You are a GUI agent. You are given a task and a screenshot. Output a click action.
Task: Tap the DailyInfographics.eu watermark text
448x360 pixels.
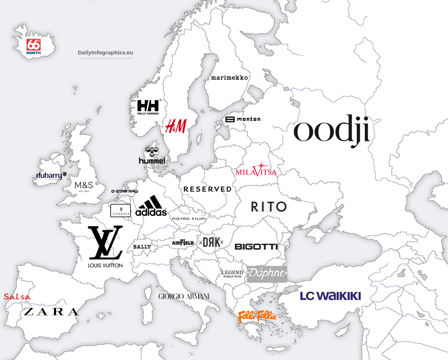pyautogui.click(x=105, y=53)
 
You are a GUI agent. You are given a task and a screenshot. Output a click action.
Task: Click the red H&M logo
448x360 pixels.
pyautogui.click(x=176, y=126)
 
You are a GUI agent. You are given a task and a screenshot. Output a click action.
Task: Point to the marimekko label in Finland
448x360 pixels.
pyautogui.click(x=230, y=78)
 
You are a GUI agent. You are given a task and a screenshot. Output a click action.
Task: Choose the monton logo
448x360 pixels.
pyautogui.click(x=243, y=119)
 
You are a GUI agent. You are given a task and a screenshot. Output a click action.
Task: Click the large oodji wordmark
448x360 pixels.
pyautogui.click(x=332, y=129)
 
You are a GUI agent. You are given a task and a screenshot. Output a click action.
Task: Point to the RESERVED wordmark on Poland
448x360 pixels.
pyautogui.click(x=208, y=189)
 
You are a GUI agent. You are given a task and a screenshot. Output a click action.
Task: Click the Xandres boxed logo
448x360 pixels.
pyautogui.click(x=120, y=210)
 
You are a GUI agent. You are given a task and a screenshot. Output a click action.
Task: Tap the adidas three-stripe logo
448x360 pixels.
pyautogui.click(x=151, y=206)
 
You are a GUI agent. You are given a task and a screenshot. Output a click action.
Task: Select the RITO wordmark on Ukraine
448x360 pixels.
pyautogui.click(x=269, y=206)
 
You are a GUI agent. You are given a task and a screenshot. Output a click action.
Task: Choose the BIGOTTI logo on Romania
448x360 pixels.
pyautogui.click(x=256, y=247)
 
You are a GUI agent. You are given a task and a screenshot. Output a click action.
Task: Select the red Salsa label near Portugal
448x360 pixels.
pyautogui.click(x=17, y=297)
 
